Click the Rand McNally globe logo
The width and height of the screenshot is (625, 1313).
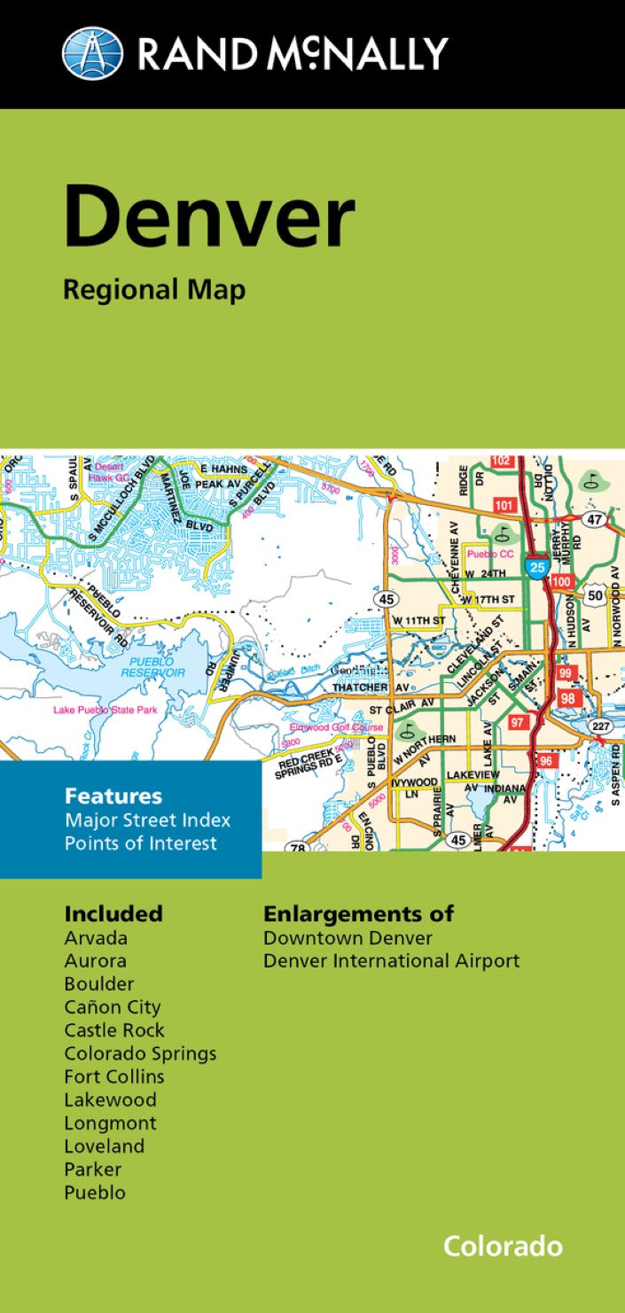click(x=92, y=53)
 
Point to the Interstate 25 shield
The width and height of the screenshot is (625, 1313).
click(x=535, y=568)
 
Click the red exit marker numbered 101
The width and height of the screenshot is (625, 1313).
click(x=504, y=505)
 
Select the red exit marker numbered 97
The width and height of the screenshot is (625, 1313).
click(x=519, y=722)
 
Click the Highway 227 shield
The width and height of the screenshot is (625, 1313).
click(x=600, y=726)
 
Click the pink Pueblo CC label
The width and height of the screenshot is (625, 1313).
click(x=486, y=553)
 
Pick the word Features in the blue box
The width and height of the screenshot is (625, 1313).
click(x=113, y=796)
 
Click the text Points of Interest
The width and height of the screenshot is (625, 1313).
click(x=140, y=843)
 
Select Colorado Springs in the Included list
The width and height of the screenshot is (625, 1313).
click(x=140, y=1053)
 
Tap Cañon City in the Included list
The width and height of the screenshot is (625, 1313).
click(x=112, y=1007)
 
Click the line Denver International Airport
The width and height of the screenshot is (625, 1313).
click(x=391, y=960)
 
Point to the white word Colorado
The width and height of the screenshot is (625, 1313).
click(x=503, y=1246)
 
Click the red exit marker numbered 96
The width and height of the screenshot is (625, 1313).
click(x=546, y=761)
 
